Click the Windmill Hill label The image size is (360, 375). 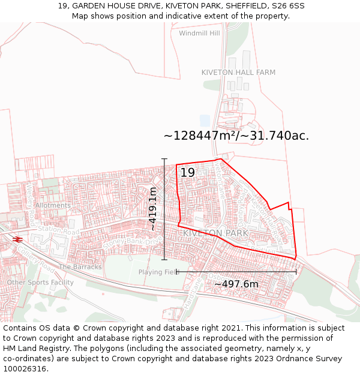click(199, 33)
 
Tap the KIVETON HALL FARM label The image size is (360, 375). click(238, 73)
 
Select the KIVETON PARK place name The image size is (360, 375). click(215, 233)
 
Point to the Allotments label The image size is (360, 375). click(53, 205)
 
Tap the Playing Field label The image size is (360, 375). click(159, 272)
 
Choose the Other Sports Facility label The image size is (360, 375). click(40, 283)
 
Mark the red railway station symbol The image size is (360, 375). click(17, 239)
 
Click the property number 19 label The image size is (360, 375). click(187, 173)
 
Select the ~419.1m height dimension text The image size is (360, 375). click(153, 209)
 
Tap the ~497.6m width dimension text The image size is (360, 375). click(236, 284)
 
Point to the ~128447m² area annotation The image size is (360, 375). click(236, 136)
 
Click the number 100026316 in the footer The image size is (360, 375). click(25, 368)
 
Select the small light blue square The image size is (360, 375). click(205, 120)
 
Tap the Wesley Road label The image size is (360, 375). click(30, 196)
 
